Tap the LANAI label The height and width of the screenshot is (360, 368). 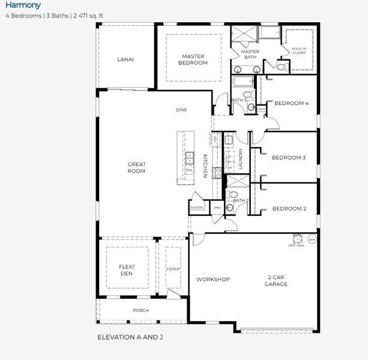pos(125,59)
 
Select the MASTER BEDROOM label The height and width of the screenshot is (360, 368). pos(193,59)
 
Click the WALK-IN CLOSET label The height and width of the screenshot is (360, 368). pos(298,50)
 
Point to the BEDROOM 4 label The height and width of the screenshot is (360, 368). pos(291,103)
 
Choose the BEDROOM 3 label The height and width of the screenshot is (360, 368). pos(289,158)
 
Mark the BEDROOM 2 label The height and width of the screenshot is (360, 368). pos(289,209)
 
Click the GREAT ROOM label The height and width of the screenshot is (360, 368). pos(136,167)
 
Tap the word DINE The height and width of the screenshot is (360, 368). pos(181,110)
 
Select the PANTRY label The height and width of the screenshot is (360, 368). pos(197,208)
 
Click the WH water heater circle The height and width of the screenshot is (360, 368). pos(312,239)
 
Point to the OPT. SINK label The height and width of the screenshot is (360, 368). pos(296,245)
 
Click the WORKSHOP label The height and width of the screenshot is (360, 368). pos(213,280)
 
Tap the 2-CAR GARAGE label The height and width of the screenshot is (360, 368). pos(277,280)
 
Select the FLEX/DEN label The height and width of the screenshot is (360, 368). pos(126,270)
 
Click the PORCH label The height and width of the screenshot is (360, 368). pos(141,310)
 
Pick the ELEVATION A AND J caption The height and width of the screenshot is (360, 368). pos(130,337)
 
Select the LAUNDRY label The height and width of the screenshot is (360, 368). pos(240,160)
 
